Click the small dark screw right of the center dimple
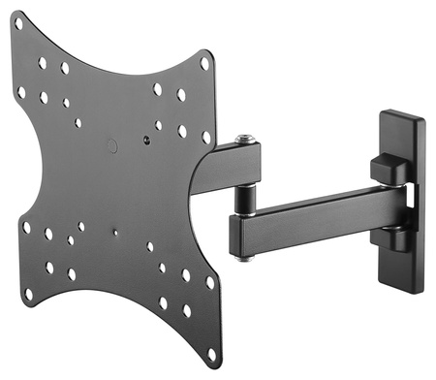point(145,139)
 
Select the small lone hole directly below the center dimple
point(114,233)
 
